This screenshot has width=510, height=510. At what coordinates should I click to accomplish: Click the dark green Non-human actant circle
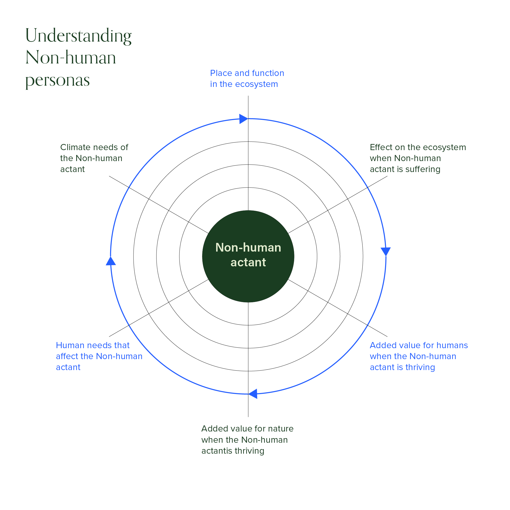(x=248, y=256)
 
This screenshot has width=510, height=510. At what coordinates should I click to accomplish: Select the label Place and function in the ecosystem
(x=247, y=79)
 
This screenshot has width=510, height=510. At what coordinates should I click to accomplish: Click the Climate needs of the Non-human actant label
(x=94, y=158)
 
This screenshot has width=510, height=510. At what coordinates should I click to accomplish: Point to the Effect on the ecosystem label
(x=418, y=158)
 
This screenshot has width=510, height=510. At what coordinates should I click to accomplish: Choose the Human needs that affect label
(x=99, y=356)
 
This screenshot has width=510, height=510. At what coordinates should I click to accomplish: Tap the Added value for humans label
(x=419, y=356)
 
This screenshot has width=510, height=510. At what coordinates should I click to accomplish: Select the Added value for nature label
(x=247, y=439)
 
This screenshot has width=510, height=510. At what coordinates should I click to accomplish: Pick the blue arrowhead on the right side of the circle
(x=386, y=252)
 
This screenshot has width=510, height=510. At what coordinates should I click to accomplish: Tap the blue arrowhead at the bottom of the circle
(x=253, y=394)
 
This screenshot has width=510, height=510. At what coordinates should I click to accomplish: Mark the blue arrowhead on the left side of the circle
(x=111, y=261)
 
